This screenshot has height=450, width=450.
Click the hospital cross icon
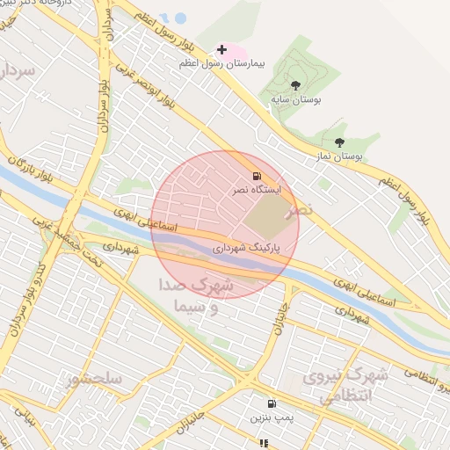[221, 50]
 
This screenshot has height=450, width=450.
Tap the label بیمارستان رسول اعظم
[222, 64]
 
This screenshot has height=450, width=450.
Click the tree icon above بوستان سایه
[295, 85]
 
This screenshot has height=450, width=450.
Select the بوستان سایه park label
[296, 99]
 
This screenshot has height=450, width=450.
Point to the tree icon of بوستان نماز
[339, 142]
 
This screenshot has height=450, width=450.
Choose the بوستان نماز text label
[340, 156]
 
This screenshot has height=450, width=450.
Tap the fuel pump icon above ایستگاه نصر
[256, 176]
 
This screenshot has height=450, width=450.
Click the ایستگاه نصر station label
[256, 190]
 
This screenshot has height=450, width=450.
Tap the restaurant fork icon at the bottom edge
[263, 443]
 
